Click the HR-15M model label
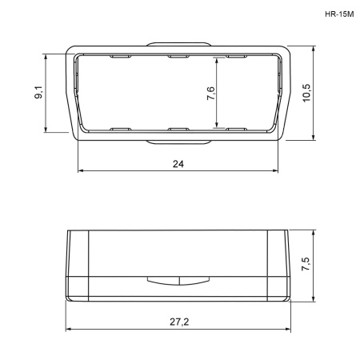coord(339,14)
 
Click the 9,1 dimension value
coord(39,92)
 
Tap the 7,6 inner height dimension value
coord(210,93)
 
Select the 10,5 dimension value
coord(306,93)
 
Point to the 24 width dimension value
coord(178,164)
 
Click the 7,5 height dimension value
coord(306,264)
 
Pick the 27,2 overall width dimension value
coord(179,322)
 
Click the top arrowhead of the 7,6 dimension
coord(217,60)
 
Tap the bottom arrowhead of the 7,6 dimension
coord(217,124)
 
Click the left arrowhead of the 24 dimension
coord(81,170)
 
